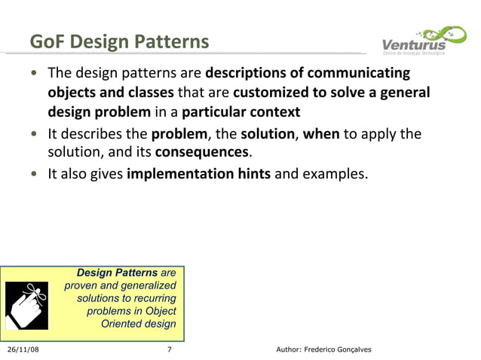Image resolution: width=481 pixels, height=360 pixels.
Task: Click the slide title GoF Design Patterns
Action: [119, 41]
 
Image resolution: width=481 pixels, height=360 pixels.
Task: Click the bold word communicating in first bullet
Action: [365, 74]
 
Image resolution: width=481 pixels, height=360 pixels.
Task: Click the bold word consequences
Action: [201, 154]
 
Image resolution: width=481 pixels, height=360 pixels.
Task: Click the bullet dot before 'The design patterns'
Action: [35, 75]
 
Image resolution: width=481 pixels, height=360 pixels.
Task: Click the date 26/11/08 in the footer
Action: [25, 350]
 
